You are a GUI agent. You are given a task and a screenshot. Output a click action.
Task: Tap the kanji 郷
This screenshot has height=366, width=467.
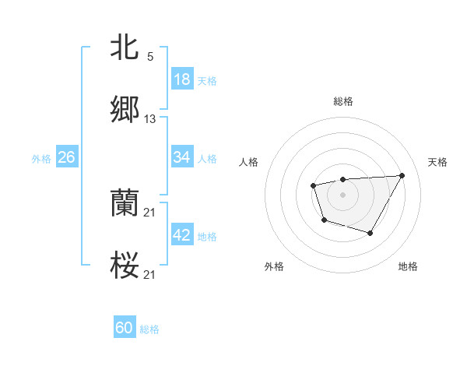[x=125, y=111]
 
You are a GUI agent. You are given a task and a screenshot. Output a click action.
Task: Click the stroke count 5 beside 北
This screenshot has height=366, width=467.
[x=149, y=57]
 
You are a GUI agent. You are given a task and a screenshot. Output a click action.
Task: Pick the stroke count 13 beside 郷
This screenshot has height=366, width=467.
[x=150, y=119]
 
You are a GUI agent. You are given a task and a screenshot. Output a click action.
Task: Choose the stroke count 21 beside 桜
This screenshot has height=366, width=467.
[x=150, y=275]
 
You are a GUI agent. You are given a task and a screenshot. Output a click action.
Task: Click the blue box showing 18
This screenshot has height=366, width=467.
[x=182, y=79]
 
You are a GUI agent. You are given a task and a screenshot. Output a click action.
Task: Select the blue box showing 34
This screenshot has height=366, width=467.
[x=182, y=157]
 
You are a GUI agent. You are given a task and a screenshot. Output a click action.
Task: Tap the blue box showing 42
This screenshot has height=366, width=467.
[x=182, y=235]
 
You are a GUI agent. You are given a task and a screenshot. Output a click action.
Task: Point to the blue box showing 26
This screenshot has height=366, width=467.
[x=66, y=157]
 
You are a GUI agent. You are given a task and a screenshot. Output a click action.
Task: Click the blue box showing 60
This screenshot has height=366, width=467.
[x=125, y=328]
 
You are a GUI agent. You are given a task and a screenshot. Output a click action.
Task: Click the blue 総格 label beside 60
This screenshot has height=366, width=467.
[x=149, y=329]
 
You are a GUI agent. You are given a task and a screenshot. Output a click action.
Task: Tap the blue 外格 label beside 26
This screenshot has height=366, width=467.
[x=41, y=158]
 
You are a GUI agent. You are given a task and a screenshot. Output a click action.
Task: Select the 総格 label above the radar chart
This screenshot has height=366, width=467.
[x=342, y=101]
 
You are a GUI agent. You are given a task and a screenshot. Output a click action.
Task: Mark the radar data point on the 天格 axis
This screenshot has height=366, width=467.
[x=402, y=175]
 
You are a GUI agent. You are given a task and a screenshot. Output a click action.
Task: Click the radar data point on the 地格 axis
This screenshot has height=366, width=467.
[x=370, y=233]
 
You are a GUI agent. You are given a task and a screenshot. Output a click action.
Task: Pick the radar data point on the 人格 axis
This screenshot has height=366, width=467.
[x=313, y=185]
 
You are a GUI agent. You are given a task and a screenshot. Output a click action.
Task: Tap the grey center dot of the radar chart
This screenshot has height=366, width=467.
[x=342, y=194]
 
